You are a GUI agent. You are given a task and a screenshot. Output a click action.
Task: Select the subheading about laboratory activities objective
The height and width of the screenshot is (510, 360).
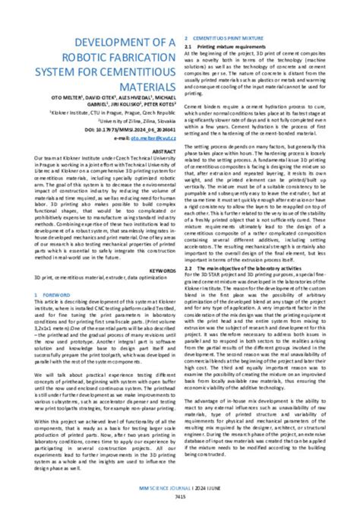254,268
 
